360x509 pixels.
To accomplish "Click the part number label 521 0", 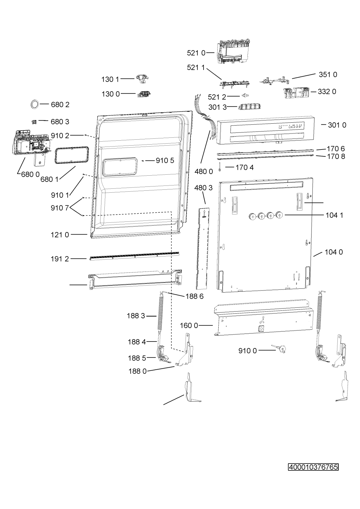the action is [x=196, y=53].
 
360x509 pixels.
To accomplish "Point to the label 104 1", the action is [x=334, y=215].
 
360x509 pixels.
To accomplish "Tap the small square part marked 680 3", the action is [x=34, y=122].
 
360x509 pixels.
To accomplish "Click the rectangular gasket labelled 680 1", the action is [x=71, y=155].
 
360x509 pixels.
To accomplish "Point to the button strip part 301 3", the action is [x=249, y=107].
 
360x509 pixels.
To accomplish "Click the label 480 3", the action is [x=204, y=188].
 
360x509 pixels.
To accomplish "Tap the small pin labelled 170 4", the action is [x=220, y=167].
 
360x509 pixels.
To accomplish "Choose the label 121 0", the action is [x=60, y=235].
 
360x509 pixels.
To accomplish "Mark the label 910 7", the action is [x=60, y=208].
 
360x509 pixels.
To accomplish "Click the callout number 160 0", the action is [x=189, y=325].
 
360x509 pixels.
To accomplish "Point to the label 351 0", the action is [x=328, y=75].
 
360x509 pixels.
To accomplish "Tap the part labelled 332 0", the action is [x=296, y=92].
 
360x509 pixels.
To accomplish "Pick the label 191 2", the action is [x=60, y=259].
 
